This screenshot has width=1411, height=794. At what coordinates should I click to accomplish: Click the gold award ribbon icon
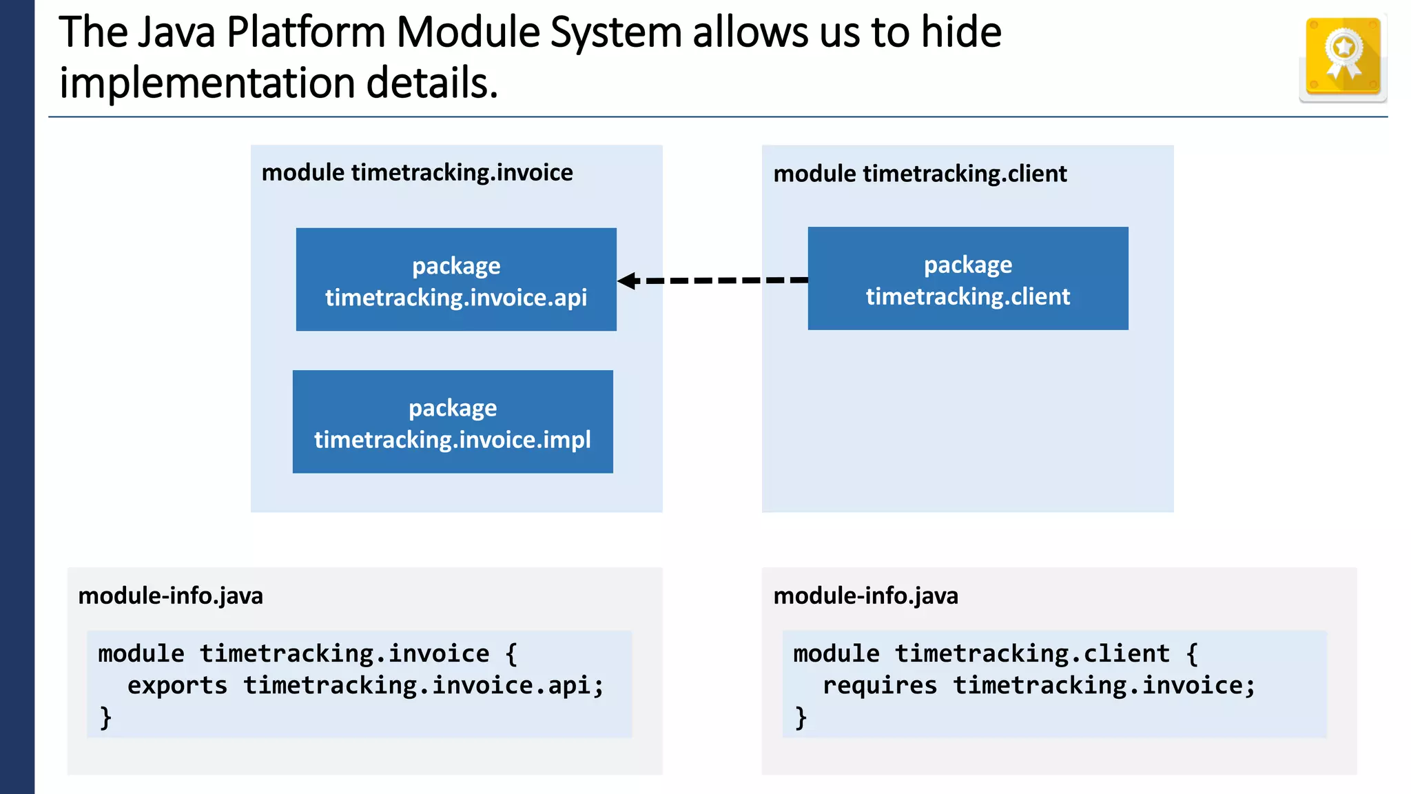tap(1343, 57)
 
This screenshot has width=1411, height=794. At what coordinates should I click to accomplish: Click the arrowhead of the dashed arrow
tap(627, 281)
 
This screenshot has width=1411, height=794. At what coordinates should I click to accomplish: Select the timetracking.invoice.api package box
tap(456, 280)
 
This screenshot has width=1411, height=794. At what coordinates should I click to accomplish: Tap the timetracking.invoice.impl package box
tap(453, 422)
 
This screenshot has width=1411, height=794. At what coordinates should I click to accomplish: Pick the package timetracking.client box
tap(968, 278)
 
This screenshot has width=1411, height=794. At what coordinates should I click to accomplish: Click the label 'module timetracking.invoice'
tap(417, 172)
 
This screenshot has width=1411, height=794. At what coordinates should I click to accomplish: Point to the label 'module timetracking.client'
tap(920, 174)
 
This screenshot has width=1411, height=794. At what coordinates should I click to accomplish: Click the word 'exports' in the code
tap(177, 686)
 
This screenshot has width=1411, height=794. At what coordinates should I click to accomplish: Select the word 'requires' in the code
tap(880, 686)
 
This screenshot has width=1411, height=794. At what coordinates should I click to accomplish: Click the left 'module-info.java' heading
tap(170, 595)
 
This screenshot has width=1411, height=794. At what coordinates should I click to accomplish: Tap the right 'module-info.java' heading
tap(865, 595)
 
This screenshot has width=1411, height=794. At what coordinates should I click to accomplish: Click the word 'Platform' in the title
tap(305, 32)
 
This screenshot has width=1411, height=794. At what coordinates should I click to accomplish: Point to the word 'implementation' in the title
tap(207, 83)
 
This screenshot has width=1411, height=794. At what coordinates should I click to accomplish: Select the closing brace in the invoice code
tap(105, 717)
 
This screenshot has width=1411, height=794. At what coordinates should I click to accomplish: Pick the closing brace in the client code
tap(801, 717)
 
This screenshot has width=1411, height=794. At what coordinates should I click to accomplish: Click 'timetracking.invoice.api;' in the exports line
tap(423, 686)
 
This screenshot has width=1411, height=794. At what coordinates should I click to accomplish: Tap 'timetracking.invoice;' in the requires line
tap(1104, 686)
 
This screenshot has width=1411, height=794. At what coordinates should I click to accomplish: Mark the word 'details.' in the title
tap(431, 83)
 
